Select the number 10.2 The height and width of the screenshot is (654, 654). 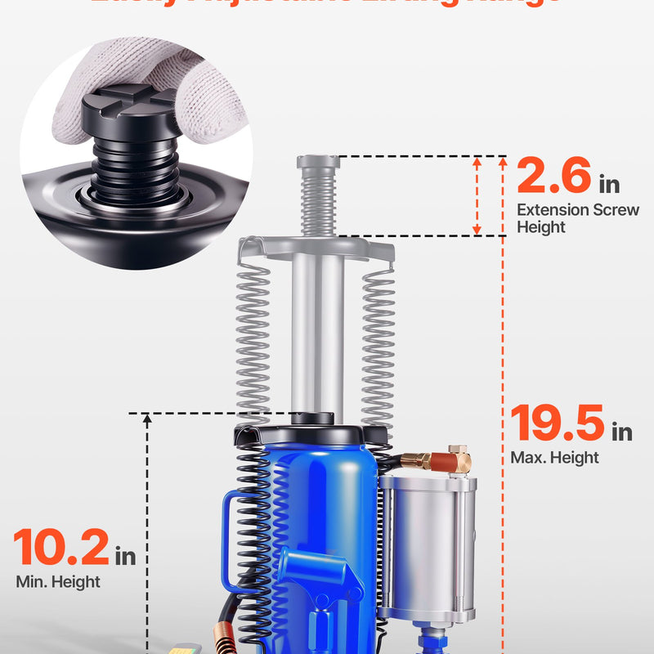click(61, 549)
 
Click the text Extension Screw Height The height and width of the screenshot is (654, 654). click(577, 218)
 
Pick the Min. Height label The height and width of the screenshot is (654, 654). click(58, 582)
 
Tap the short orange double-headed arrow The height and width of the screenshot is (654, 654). click(478, 196)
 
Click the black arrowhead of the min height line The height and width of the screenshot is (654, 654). click(147, 422)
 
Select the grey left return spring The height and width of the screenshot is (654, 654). click(253, 343)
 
